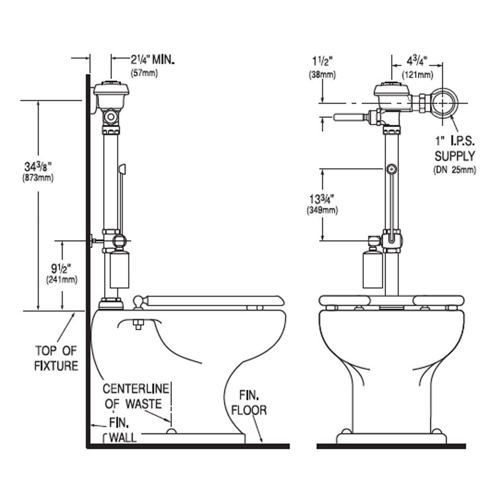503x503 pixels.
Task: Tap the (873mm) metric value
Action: tap(37, 178)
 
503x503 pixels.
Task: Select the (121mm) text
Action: tap(418, 75)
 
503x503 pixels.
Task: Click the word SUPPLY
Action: tap(454, 157)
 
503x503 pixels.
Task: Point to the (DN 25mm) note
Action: tap(455, 170)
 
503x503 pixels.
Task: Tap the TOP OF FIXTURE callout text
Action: tap(56, 358)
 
